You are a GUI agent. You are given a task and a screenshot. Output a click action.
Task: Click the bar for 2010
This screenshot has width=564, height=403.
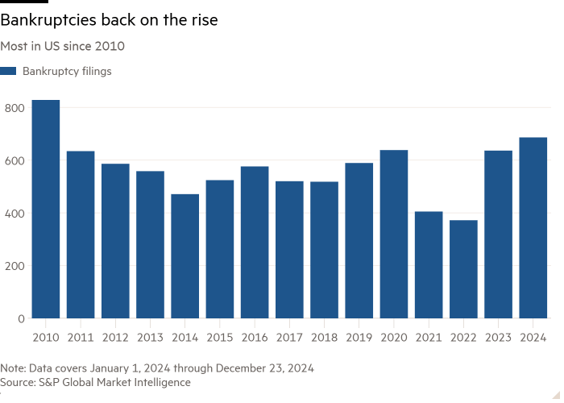point(46,210)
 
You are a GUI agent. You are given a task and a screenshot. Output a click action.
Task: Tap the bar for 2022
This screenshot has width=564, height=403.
point(464,269)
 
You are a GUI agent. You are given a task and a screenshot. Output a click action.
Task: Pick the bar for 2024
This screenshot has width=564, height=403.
point(533,228)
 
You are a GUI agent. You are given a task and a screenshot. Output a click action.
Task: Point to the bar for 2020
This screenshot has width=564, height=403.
point(394,235)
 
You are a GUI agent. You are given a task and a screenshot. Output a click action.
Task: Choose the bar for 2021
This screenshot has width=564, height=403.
point(429,265)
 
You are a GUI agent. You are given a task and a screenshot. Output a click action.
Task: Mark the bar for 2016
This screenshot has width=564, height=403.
point(255,243)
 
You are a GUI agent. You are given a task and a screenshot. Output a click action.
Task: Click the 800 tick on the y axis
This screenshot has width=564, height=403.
point(15,108)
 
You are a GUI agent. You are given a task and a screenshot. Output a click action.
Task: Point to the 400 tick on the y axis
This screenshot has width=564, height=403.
point(15,214)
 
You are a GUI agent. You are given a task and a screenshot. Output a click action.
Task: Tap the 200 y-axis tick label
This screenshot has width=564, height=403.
point(15,266)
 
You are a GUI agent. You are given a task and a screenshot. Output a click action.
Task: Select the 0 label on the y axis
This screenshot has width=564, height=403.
point(21,319)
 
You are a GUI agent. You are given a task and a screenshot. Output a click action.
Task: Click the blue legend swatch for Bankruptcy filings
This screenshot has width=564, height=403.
point(8,72)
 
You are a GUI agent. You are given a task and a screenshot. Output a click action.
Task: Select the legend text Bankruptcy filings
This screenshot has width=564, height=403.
point(67,72)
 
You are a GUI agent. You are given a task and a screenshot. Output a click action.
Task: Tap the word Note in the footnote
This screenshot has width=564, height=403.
point(14,368)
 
